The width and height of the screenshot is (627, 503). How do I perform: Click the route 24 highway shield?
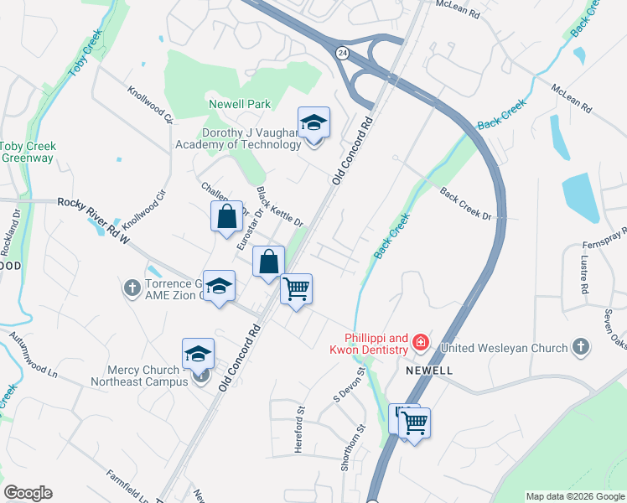click(x=341, y=53)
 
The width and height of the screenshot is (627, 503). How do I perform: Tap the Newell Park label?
click(x=240, y=104)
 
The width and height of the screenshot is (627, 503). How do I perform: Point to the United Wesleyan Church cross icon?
click(x=580, y=347)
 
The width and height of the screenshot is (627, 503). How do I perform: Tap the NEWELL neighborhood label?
click(x=429, y=370)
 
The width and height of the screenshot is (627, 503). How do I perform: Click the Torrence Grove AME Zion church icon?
click(x=132, y=288)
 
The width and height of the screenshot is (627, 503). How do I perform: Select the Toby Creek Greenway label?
click(x=26, y=152)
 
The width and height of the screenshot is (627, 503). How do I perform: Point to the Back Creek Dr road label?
click(x=465, y=205)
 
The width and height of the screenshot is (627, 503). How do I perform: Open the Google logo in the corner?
click(x=28, y=493)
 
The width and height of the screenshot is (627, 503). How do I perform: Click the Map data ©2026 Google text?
click(x=574, y=496)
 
